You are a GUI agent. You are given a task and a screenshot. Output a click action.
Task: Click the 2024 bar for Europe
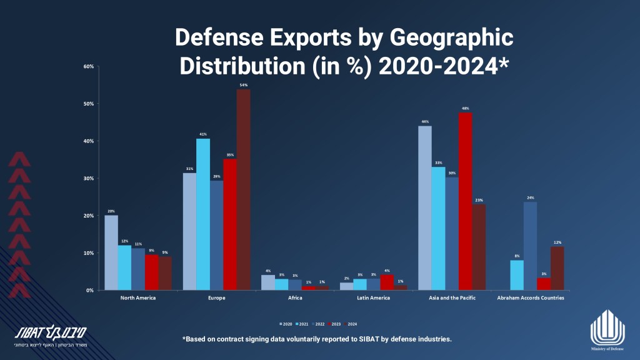tap(243, 190)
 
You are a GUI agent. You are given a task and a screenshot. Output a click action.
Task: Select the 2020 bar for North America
tap(111, 252)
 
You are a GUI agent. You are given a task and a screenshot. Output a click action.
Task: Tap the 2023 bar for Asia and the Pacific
tap(465, 201)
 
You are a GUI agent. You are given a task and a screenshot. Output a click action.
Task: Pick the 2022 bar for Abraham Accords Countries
tap(530, 246)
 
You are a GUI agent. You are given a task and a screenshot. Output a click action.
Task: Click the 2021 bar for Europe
tap(203, 214)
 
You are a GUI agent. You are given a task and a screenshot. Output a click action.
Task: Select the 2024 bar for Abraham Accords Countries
tap(557, 268)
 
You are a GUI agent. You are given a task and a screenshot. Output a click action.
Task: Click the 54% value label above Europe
tap(243, 85)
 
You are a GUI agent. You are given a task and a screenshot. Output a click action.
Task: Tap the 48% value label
tap(465, 107)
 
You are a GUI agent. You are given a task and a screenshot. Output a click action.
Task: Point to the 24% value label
tap(530, 197)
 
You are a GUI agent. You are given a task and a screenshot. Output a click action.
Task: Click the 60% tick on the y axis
tap(88, 66)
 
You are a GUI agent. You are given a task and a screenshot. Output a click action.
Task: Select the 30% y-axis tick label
tap(88, 178)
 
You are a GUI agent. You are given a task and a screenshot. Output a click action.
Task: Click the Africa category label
tap(295, 298)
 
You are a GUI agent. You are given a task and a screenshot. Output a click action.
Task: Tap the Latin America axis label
tap(374, 298)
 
